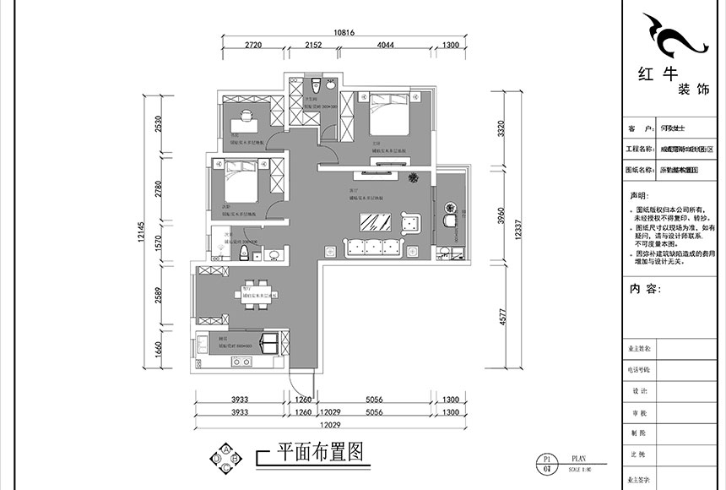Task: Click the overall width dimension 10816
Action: coord(343,33)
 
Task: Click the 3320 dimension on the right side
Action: coord(503,129)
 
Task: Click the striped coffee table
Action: coord(373,223)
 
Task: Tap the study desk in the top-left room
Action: coord(246,117)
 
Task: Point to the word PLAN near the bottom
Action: coord(578,455)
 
